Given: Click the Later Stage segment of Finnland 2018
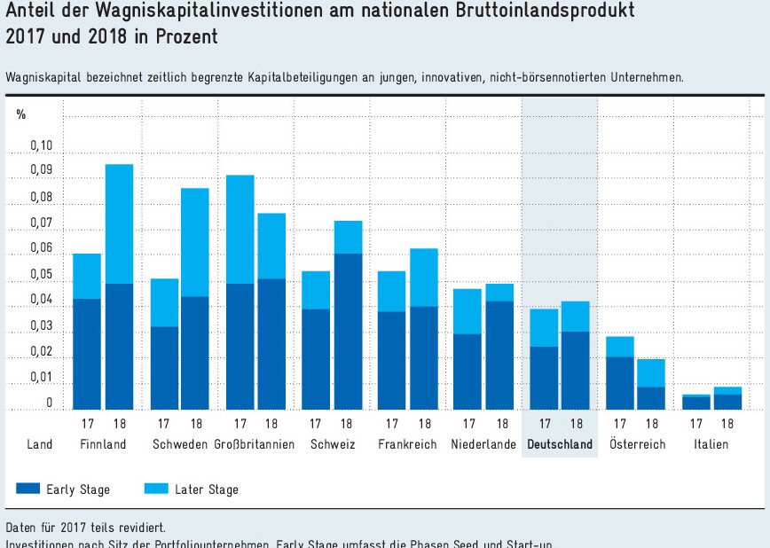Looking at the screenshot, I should (119, 223).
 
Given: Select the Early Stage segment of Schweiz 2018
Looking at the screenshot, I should (348, 331).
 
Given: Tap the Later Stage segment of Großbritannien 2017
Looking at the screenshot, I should (240, 229).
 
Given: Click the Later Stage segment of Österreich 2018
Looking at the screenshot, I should (651, 372).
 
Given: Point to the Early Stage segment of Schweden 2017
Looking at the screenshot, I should (164, 368).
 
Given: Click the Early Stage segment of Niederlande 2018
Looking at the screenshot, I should (500, 355).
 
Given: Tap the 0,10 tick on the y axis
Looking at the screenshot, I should (41, 145).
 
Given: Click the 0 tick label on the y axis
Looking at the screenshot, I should (49, 403).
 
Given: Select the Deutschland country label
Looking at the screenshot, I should (559, 444).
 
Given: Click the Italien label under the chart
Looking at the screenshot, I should (711, 444).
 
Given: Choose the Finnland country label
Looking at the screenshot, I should (103, 444).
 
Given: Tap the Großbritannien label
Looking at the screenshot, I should (255, 444).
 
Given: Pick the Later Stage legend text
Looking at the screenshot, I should (207, 489).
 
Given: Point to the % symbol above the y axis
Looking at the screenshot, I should (21, 115).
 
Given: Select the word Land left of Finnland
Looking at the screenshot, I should (40, 444).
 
